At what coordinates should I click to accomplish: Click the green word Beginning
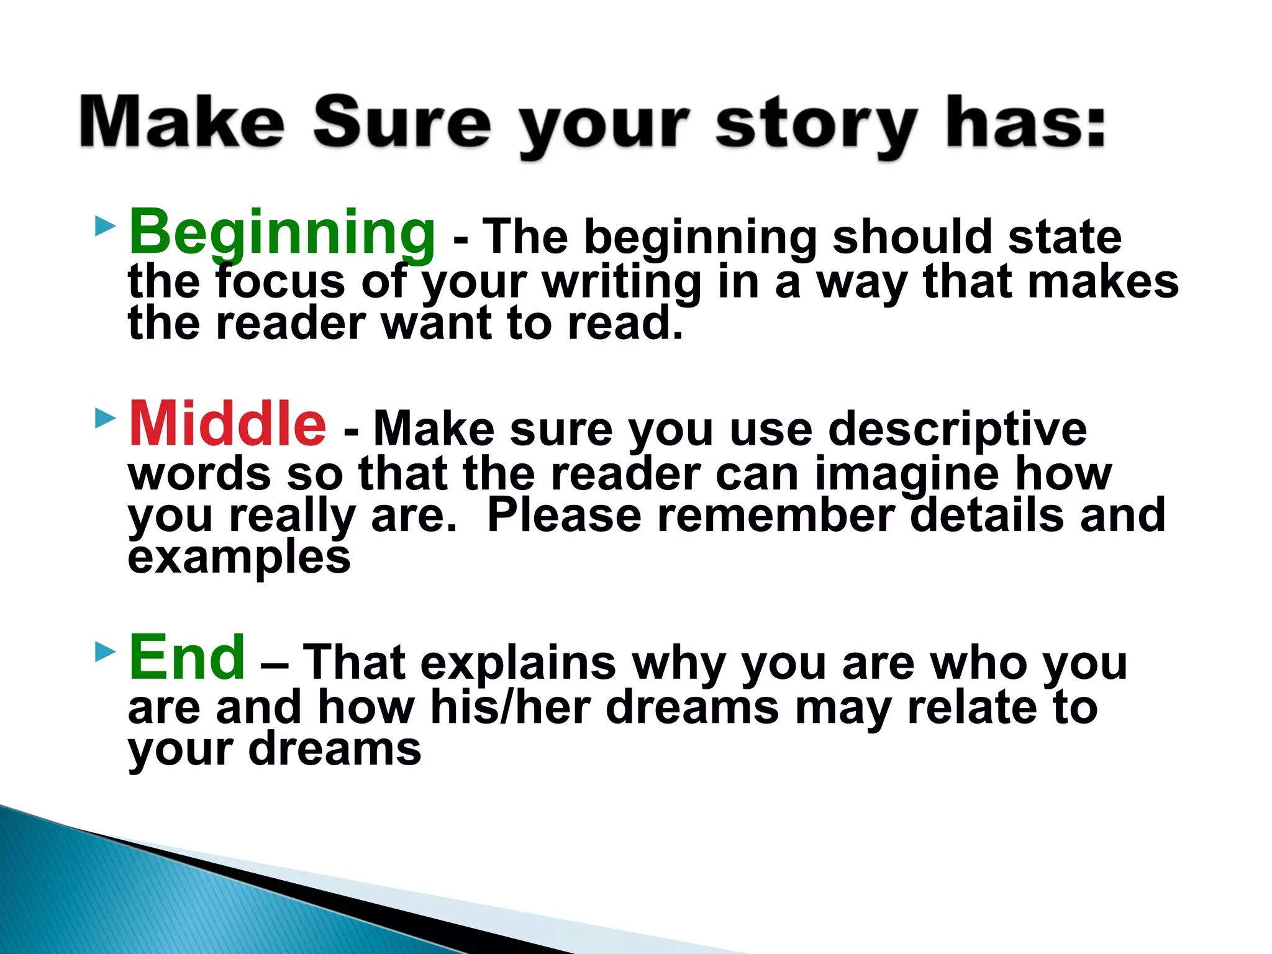(282, 233)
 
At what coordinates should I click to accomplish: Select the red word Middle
(227, 424)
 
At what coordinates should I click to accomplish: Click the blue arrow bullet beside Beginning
(106, 226)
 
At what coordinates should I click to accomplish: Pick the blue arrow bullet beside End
(106, 652)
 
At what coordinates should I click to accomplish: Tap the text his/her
(510, 707)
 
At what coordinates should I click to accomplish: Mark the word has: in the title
(1025, 122)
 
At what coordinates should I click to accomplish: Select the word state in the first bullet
(1065, 238)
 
